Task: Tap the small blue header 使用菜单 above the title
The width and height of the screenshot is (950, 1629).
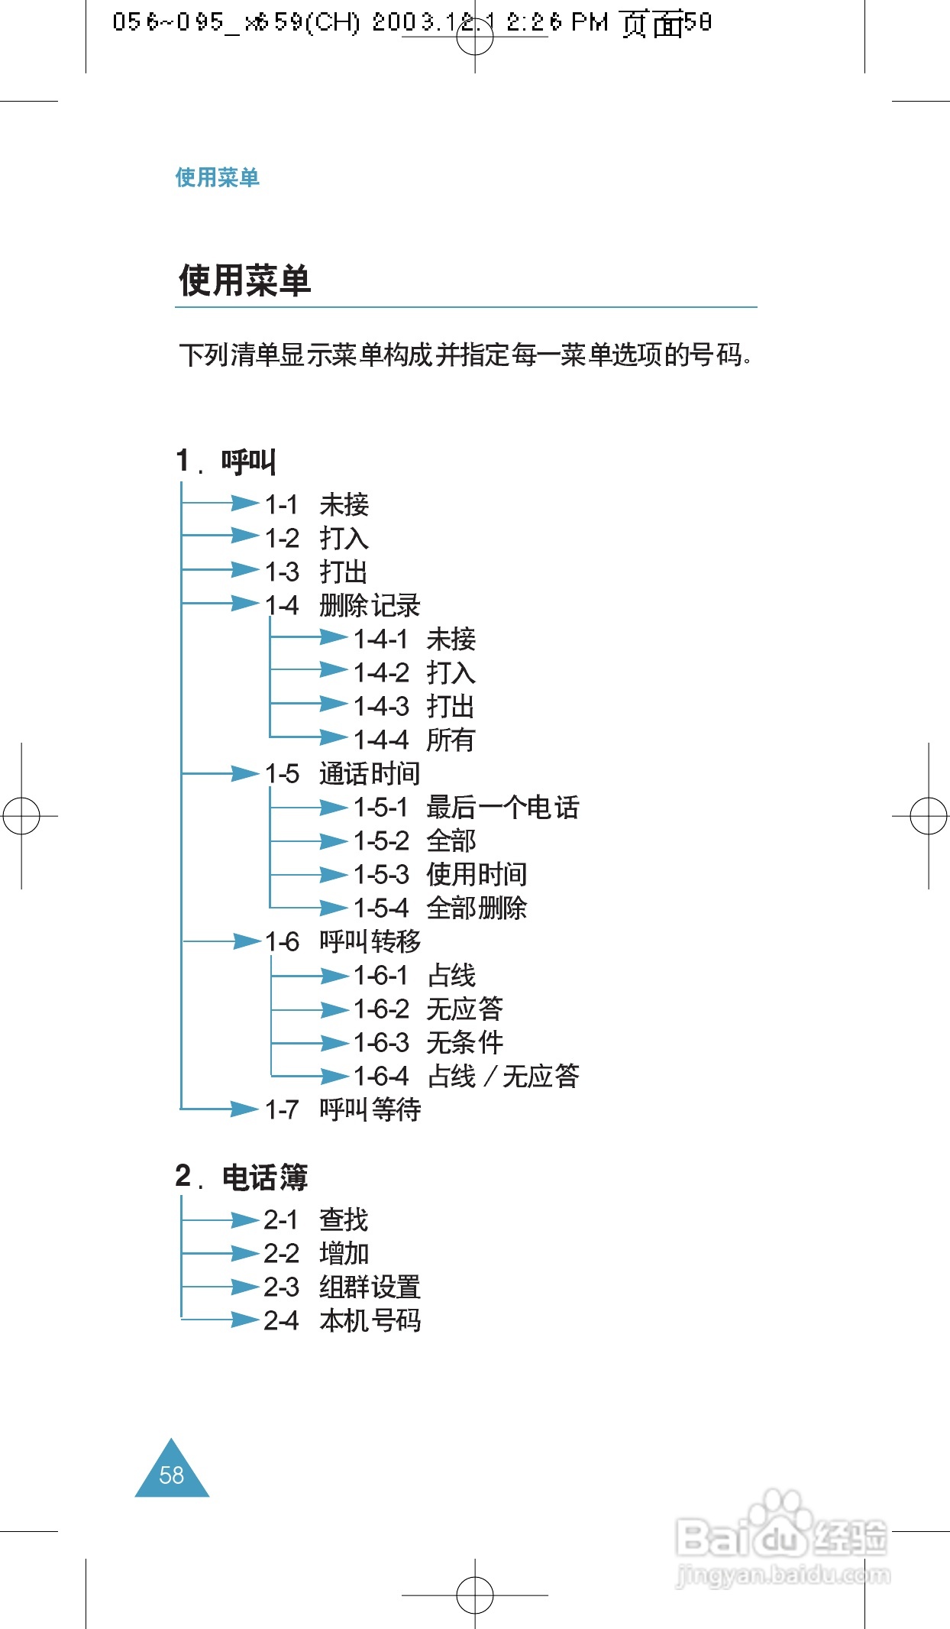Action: click(x=217, y=177)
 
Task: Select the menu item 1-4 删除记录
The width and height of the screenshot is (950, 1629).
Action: click(x=342, y=605)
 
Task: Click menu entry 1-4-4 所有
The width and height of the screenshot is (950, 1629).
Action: click(x=414, y=740)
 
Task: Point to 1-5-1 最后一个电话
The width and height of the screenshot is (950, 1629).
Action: click(x=466, y=807)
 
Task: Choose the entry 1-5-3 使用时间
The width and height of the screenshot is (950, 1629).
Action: click(x=440, y=874)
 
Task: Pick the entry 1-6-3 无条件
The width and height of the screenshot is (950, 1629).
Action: click(x=428, y=1042)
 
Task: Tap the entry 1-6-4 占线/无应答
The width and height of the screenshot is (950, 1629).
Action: click(x=466, y=1076)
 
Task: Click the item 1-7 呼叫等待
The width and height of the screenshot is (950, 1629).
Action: click(x=342, y=1109)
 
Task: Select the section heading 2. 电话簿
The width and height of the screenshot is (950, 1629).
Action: click(x=241, y=1177)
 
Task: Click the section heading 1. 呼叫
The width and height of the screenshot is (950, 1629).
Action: click(x=226, y=461)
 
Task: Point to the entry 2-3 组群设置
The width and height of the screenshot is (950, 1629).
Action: click(x=342, y=1287)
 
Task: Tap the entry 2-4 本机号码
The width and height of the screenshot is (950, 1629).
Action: click(x=342, y=1320)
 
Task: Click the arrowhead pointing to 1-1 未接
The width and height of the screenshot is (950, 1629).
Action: click(x=244, y=503)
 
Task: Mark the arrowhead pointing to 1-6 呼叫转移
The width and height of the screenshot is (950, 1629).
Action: click(x=247, y=941)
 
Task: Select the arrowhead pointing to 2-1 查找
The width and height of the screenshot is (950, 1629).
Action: click(x=244, y=1220)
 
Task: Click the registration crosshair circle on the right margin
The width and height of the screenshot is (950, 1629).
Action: click(x=929, y=816)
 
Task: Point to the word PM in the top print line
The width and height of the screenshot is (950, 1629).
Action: click(x=590, y=22)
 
